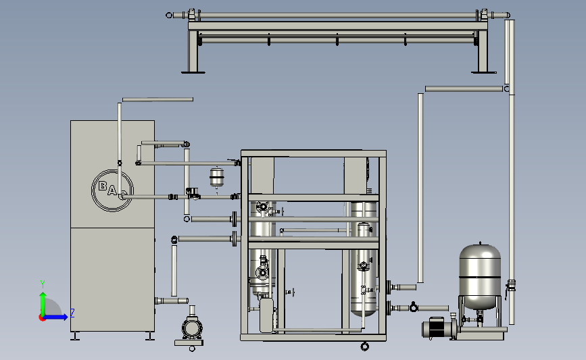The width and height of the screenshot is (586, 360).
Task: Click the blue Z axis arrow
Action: [55, 317]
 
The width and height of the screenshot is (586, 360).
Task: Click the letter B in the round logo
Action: [103, 186]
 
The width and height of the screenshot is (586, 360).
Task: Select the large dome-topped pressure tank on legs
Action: [480, 276]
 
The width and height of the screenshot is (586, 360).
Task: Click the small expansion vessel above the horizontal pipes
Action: [217, 178]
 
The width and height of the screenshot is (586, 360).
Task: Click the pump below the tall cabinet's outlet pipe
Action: [192, 328]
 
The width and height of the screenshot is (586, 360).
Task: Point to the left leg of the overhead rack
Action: [193, 51]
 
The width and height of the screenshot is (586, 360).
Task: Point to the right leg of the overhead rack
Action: [483, 51]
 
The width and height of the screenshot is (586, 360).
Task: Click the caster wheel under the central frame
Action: [365, 346]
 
